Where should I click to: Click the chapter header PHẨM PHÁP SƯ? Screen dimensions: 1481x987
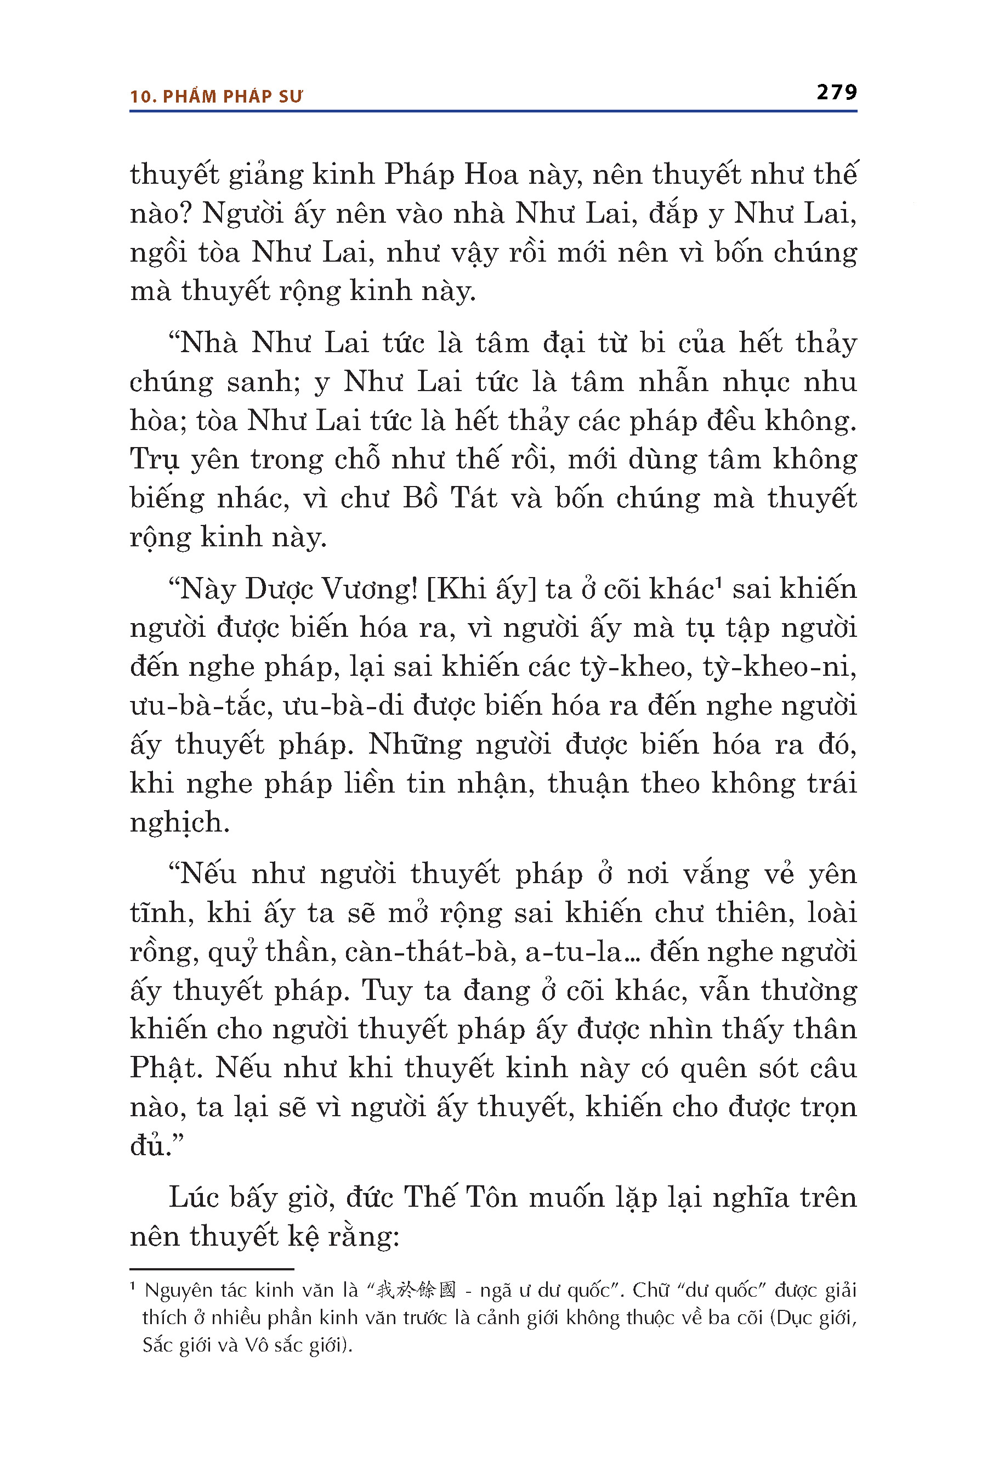click(232, 97)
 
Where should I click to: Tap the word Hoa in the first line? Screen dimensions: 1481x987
click(490, 175)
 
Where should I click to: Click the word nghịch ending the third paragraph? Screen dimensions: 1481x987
click(179, 822)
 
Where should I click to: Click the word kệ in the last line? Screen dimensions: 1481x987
click(304, 1237)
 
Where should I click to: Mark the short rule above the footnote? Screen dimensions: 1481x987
click(212, 1269)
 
